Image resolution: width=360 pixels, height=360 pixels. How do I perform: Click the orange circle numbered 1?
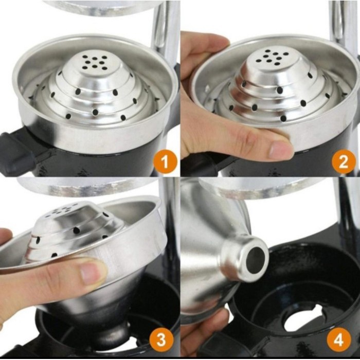[165, 161]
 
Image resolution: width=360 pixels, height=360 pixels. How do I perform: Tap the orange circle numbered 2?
[343, 161]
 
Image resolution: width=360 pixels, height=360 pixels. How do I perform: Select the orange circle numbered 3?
[161, 339]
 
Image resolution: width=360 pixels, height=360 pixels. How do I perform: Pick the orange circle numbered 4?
[339, 339]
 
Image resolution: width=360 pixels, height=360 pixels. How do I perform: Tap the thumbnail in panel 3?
[90, 273]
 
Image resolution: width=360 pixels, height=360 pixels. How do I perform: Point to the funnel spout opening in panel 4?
[255, 260]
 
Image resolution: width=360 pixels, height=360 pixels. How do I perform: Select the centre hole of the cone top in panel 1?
[95, 62]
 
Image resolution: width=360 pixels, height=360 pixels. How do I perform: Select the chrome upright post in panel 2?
[345, 28]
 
